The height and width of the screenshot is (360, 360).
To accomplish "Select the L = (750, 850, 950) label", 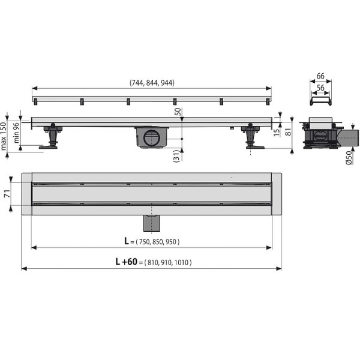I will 152,241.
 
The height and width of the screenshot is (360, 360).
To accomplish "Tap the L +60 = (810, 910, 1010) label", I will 154,263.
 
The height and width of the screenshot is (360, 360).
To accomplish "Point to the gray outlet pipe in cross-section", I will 348,137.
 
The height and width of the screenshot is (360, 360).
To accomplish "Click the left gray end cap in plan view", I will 26,194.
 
